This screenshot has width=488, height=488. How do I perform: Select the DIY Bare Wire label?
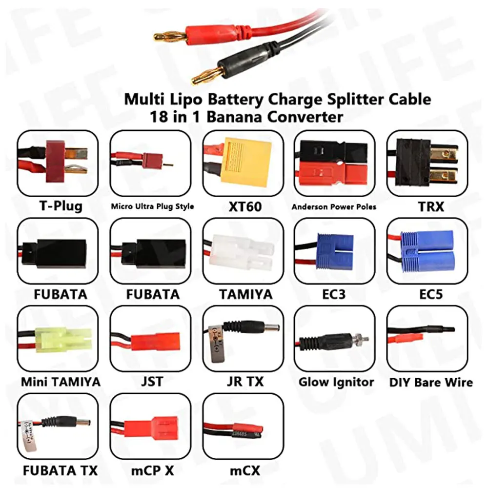(431, 382)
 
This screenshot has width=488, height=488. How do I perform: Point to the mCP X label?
(152, 470)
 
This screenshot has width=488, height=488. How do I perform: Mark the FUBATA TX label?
(60, 470)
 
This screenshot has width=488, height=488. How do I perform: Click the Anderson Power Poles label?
(334, 207)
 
